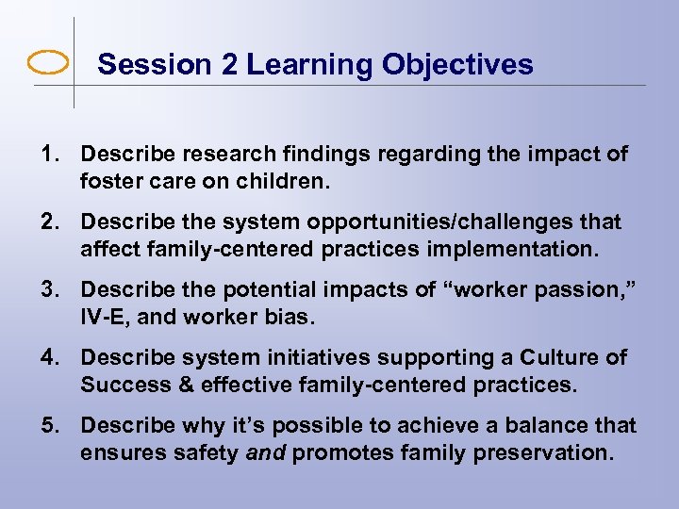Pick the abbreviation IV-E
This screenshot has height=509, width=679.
coord(106,316)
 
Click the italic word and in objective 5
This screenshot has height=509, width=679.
coord(265,452)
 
